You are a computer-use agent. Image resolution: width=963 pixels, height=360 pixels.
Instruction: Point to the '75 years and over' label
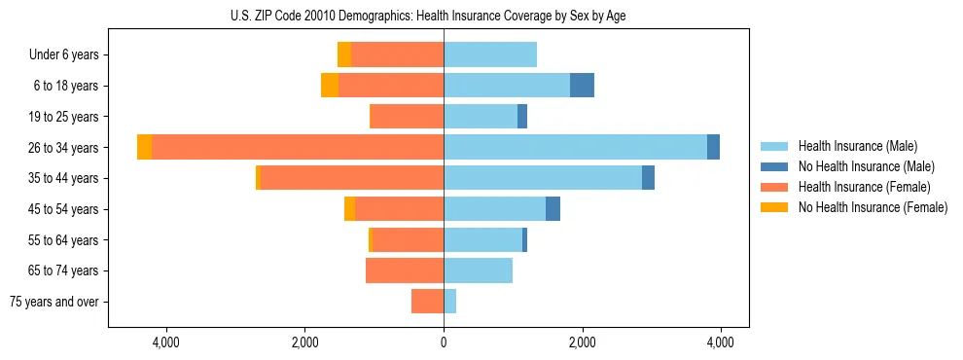point(54,302)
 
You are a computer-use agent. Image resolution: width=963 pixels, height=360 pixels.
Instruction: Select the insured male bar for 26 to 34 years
point(575,147)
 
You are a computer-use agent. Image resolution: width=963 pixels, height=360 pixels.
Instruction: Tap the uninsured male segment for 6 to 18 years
point(582,86)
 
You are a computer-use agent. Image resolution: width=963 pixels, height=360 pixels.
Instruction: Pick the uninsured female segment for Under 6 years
point(344,54)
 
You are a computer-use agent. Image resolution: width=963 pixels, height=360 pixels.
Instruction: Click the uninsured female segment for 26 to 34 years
point(144,147)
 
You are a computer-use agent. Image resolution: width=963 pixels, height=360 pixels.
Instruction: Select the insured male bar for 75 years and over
point(449,302)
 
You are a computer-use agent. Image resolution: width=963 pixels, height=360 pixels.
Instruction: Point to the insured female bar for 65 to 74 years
point(405,270)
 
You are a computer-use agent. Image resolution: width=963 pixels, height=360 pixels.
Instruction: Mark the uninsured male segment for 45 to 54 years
point(553,209)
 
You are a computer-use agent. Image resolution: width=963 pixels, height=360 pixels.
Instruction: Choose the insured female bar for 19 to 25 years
point(407,117)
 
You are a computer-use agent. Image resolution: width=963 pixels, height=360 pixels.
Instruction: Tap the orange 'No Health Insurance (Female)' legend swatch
point(774,207)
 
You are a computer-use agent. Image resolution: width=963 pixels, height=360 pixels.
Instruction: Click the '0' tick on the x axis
point(444,342)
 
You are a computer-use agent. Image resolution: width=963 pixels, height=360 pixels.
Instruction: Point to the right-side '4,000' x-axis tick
point(721,342)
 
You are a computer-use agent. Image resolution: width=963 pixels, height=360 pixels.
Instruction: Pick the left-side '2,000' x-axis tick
point(305,342)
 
